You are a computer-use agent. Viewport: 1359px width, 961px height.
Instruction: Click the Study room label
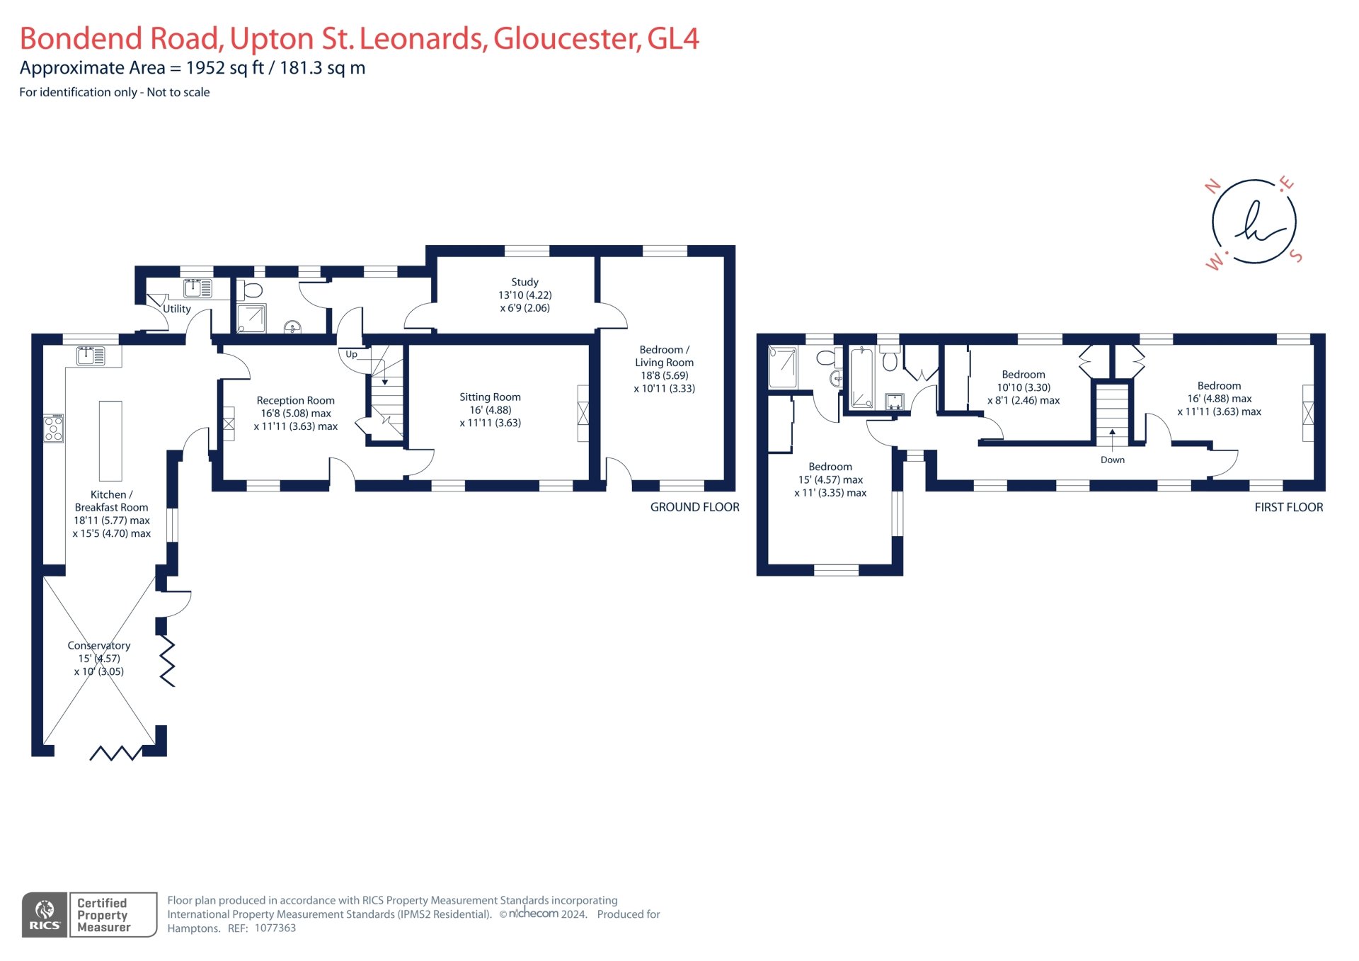(524, 282)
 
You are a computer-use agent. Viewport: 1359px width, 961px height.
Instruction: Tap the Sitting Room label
(490, 397)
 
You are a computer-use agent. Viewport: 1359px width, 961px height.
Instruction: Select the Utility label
(177, 309)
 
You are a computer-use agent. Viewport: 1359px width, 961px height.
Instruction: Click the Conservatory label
(99, 646)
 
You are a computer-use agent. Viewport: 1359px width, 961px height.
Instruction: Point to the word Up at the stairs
(351, 354)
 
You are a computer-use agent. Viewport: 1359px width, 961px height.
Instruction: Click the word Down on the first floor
(1112, 460)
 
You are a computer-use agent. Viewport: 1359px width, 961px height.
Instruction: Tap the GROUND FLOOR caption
(694, 507)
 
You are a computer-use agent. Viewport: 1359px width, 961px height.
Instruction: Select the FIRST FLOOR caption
(1288, 507)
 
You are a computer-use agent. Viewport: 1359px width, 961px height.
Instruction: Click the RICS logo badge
(45, 915)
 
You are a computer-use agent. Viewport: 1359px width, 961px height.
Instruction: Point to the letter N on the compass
(1212, 187)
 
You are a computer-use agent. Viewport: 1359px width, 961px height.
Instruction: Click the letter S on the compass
(1296, 256)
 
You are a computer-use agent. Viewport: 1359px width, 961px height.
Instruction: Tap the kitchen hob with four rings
(54, 428)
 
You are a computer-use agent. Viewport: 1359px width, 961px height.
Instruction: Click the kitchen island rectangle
(110, 440)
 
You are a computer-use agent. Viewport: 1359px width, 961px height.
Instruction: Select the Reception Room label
(295, 401)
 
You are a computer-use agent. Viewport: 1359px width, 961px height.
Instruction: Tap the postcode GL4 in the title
(672, 39)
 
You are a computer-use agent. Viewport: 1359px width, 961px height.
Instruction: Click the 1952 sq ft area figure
(224, 68)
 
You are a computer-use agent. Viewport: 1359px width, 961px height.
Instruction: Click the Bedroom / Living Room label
(664, 356)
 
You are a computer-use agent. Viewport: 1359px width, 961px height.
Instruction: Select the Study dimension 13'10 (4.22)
(524, 295)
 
